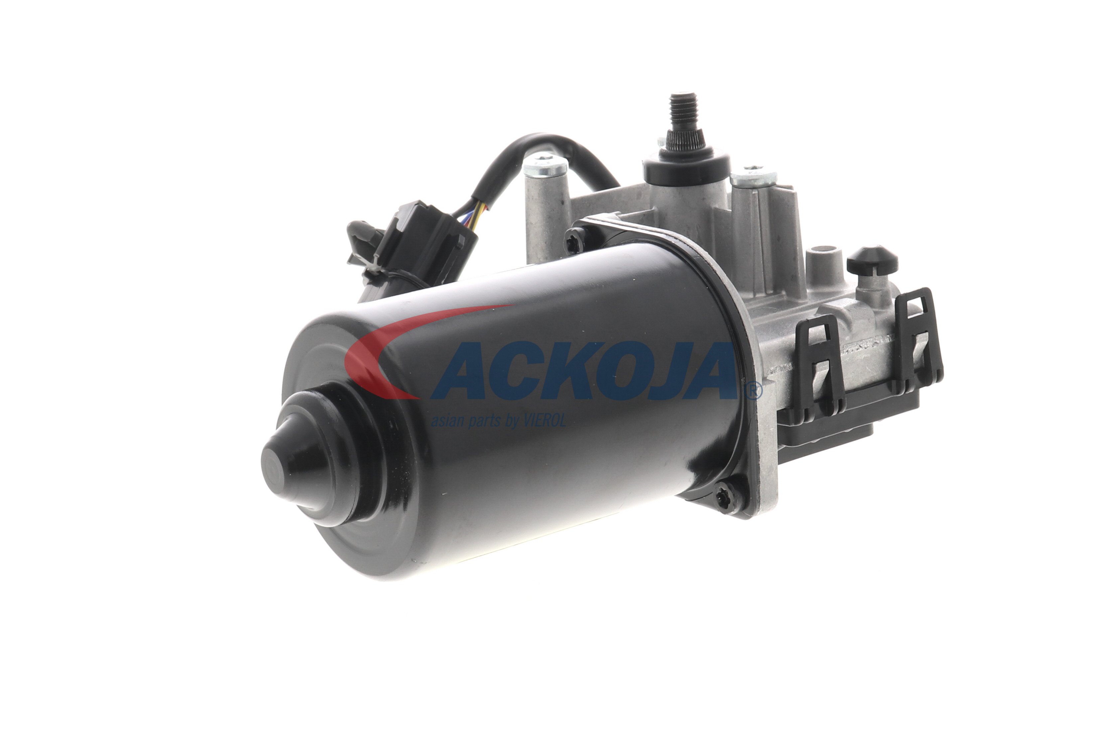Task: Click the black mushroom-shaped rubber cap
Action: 872,260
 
